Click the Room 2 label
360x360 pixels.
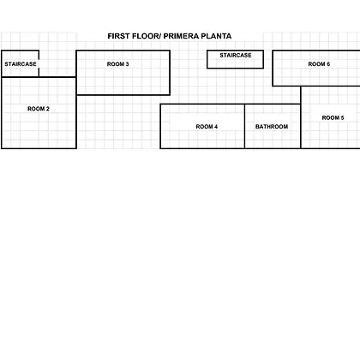click(39, 109)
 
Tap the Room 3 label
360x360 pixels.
click(117, 64)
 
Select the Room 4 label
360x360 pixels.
click(207, 127)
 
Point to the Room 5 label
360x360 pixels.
click(333, 117)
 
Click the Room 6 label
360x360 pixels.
click(319, 64)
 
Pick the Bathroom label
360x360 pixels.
click(272, 127)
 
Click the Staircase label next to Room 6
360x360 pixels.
click(236, 55)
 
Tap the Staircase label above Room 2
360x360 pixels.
click(21, 64)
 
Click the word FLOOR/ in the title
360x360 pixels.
click(147, 36)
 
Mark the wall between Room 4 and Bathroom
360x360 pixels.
click(244, 126)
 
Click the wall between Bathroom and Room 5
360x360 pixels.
click(301, 126)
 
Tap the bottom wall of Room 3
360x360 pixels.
click(123, 95)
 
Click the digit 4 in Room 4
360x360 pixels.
click(216, 127)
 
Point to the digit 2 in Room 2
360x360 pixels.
click(48, 109)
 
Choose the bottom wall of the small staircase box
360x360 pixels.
click(235, 68)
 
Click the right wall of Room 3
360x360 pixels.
click(170, 73)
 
